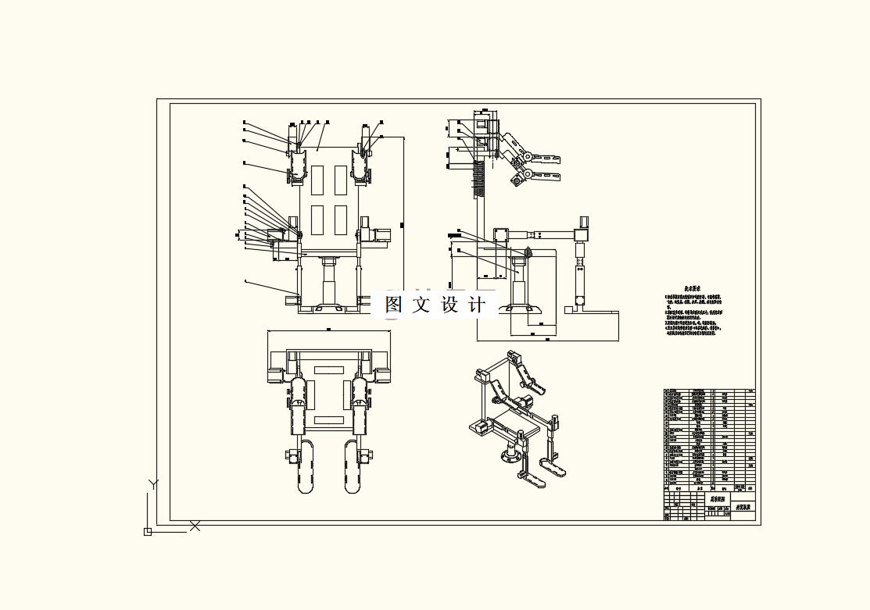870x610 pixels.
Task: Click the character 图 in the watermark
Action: tap(395, 305)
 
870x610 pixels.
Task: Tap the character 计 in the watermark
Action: tap(476, 305)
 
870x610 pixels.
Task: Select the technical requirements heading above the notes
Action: tap(691, 289)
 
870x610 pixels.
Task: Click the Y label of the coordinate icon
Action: tap(154, 484)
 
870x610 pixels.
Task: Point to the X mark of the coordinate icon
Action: tap(195, 526)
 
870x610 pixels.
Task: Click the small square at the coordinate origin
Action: tap(147, 532)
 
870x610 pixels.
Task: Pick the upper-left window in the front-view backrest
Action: tap(317, 180)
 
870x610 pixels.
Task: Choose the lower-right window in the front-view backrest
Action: tap(341, 220)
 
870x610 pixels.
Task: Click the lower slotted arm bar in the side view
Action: tap(546, 174)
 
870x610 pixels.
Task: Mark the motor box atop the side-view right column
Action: tap(583, 222)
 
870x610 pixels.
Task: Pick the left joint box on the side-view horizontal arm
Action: tap(501, 234)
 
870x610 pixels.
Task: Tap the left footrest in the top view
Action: tap(306, 467)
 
